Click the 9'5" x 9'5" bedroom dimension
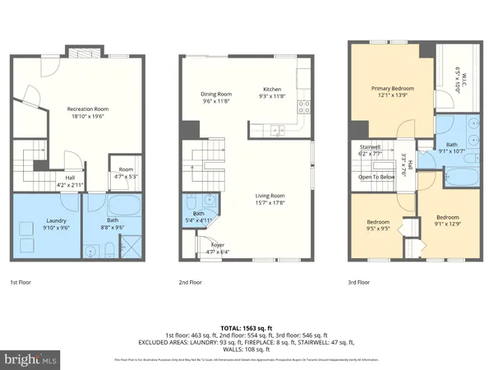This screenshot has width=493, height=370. [377, 230]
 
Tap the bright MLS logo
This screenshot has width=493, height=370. [32, 359]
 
